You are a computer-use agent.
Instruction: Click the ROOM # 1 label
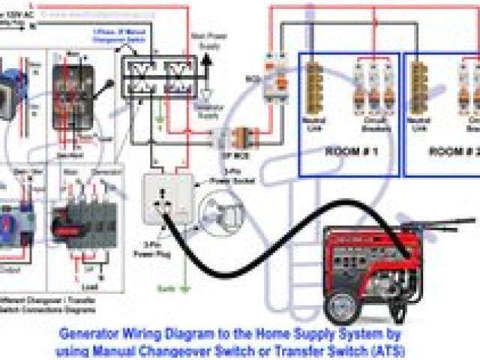click(350, 150)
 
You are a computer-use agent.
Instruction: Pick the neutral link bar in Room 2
click(418, 88)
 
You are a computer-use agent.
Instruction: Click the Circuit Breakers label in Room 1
click(373, 122)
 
